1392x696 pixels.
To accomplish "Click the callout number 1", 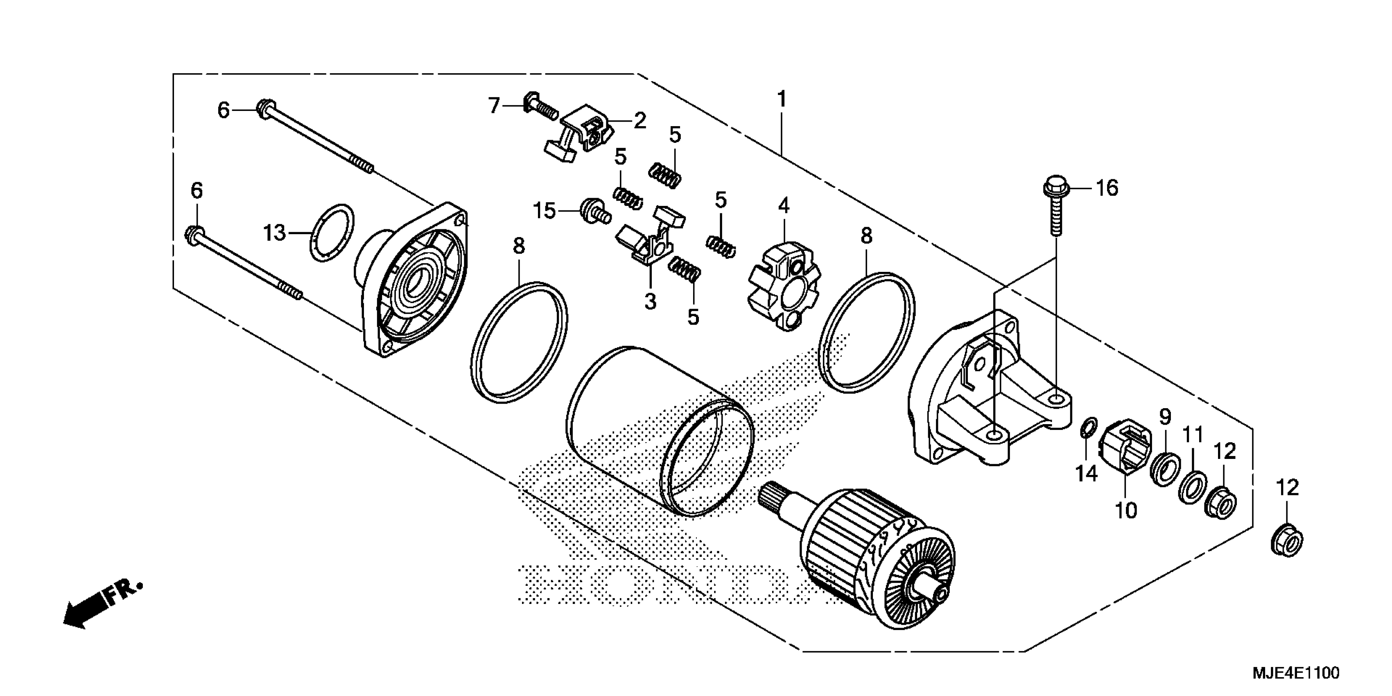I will (782, 99).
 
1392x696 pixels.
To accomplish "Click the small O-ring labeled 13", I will (332, 233).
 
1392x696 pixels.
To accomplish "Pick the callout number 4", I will (784, 206).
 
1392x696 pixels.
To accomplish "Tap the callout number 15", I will (545, 211).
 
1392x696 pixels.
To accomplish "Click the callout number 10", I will (1126, 510).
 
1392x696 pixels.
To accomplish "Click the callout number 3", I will (650, 301).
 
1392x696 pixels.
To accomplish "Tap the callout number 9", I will (1165, 417).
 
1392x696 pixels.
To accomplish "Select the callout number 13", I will (274, 233).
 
